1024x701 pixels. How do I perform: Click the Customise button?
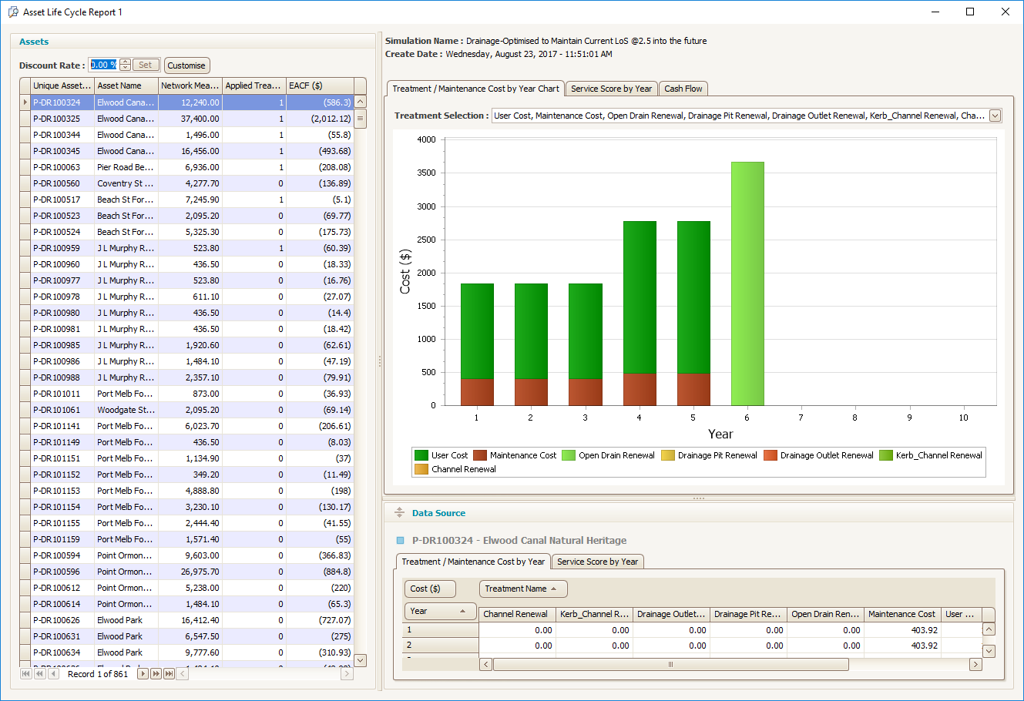click(x=186, y=65)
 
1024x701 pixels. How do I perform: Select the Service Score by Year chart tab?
click(x=611, y=89)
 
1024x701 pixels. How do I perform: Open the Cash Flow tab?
click(x=683, y=89)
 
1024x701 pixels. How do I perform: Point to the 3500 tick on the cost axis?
click(x=426, y=173)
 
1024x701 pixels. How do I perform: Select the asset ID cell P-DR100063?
click(x=62, y=167)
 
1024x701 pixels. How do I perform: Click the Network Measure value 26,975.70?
click(x=190, y=572)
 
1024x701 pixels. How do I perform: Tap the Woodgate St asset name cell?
click(x=125, y=410)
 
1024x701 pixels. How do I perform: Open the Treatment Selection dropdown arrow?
click(x=995, y=116)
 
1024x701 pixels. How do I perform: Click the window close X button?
click(x=1005, y=12)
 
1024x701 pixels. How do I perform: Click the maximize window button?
click(x=970, y=12)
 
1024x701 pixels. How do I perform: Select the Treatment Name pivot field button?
click(x=522, y=589)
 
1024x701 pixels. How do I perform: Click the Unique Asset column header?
click(x=62, y=86)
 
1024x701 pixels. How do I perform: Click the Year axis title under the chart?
click(x=720, y=434)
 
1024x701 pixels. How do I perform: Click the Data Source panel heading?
click(x=438, y=513)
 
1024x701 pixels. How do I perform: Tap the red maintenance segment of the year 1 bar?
click(x=477, y=391)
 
